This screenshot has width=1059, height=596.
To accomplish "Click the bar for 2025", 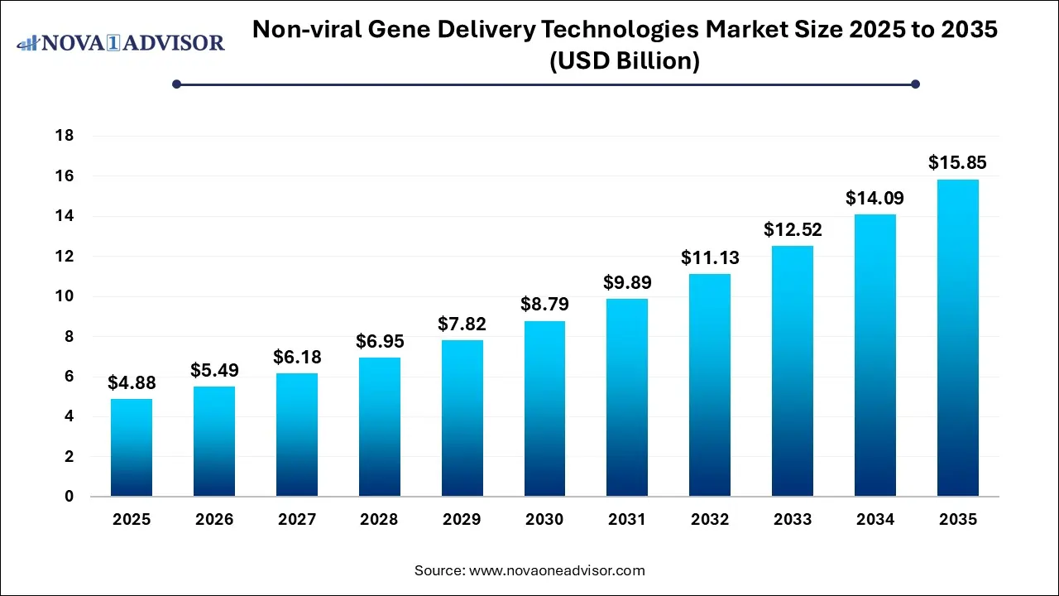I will click(132, 448).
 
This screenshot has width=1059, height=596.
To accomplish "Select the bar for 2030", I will click(544, 409).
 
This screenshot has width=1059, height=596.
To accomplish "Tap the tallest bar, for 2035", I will click(957, 338).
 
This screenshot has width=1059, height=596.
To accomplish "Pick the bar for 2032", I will click(710, 385).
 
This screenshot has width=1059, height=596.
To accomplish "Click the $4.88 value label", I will click(132, 383).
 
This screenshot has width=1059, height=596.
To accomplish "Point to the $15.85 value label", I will click(957, 162).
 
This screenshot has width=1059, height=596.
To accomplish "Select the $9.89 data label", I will click(627, 282).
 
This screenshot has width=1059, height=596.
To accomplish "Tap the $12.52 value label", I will click(793, 229).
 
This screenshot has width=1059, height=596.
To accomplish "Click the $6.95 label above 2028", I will click(380, 341).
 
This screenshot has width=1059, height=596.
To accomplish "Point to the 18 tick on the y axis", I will click(63, 136).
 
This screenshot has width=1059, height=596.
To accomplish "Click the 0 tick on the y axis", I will click(69, 497).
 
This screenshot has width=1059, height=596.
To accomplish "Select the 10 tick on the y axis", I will click(63, 296).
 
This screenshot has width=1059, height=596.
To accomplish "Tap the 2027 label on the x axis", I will click(297, 520).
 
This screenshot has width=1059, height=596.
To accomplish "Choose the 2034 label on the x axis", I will click(875, 520).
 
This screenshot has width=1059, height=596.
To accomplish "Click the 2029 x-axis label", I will click(462, 520).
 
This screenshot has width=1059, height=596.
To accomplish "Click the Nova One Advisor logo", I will click(121, 42).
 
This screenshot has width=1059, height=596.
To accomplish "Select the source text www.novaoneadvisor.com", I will click(557, 570).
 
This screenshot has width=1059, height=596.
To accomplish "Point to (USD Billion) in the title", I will click(625, 61).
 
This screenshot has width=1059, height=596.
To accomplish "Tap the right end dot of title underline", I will click(915, 84).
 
